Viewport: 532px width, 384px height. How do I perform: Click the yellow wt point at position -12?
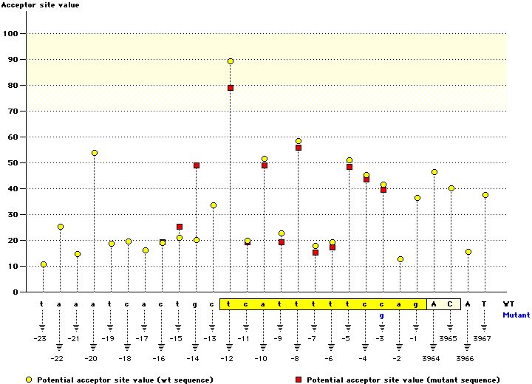[x=231, y=61]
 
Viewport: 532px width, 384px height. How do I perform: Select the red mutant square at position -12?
[x=231, y=88]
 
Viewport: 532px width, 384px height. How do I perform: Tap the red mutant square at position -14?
[x=197, y=165]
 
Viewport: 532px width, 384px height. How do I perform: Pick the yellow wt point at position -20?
[x=95, y=153]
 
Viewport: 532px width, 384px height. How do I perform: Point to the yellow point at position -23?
[x=44, y=264]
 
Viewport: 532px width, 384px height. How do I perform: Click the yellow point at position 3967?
[x=485, y=195]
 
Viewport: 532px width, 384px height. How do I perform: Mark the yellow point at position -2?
[x=400, y=259]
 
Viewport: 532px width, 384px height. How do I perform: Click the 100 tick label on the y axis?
[x=11, y=33]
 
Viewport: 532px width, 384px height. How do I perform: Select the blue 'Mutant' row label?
[x=516, y=315]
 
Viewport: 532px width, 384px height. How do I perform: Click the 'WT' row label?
[x=508, y=304]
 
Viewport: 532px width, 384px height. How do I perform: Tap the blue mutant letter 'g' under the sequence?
[x=382, y=315]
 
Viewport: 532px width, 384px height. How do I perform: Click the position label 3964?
[x=434, y=358]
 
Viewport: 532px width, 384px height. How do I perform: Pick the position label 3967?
[x=485, y=338]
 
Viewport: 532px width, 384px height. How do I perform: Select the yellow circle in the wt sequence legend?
[x=28, y=380]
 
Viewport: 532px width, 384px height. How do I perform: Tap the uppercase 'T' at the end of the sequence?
[x=485, y=304]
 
